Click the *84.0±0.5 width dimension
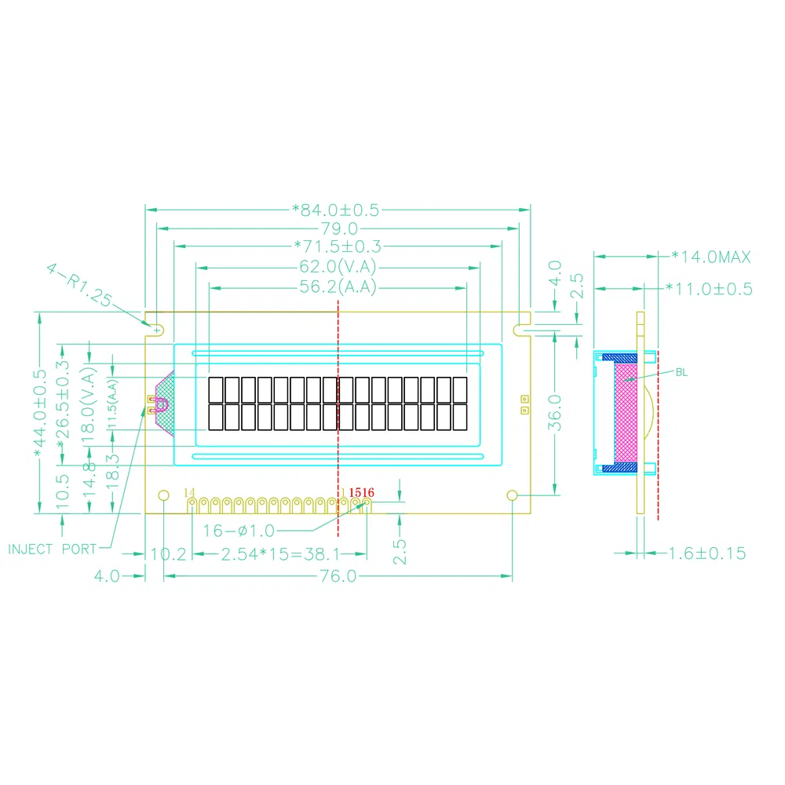point(335,210)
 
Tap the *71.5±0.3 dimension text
point(336,247)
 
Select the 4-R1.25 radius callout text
point(79,287)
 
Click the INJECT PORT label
point(52,549)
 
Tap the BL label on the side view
point(681,372)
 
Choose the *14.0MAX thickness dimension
point(711,257)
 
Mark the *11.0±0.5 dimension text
point(709,289)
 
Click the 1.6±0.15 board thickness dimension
point(706,553)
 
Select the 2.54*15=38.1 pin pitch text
point(279,554)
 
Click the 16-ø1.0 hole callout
point(239,531)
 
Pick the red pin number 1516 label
point(362,492)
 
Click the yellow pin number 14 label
point(189,492)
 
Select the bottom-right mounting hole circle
point(512,495)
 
